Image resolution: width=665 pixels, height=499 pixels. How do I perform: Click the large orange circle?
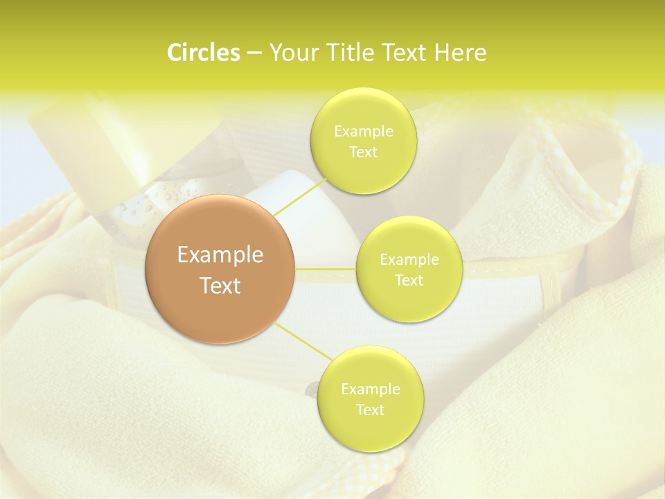point(220,269)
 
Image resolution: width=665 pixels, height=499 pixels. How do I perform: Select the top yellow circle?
point(363,141)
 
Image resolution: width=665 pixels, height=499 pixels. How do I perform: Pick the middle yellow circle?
point(409,269)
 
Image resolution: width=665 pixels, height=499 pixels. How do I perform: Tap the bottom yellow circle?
point(370,399)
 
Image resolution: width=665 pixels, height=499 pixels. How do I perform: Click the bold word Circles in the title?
point(204,53)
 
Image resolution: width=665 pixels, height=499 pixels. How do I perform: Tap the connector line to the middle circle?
point(326,268)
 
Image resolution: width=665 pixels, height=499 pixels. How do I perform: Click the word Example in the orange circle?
point(220,254)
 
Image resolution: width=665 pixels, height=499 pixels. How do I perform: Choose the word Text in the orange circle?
point(220,286)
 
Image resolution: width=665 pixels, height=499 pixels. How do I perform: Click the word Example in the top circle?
point(364,132)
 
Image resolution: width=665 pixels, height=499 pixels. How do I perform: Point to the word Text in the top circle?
point(363,152)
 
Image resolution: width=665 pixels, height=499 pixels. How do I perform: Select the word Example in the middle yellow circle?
point(409,260)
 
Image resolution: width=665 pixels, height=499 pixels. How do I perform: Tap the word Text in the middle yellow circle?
point(409,280)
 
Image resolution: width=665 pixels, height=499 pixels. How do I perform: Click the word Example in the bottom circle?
point(371,389)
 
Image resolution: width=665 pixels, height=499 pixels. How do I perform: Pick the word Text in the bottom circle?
point(370,410)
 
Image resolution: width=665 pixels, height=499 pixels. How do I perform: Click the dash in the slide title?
point(254,53)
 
